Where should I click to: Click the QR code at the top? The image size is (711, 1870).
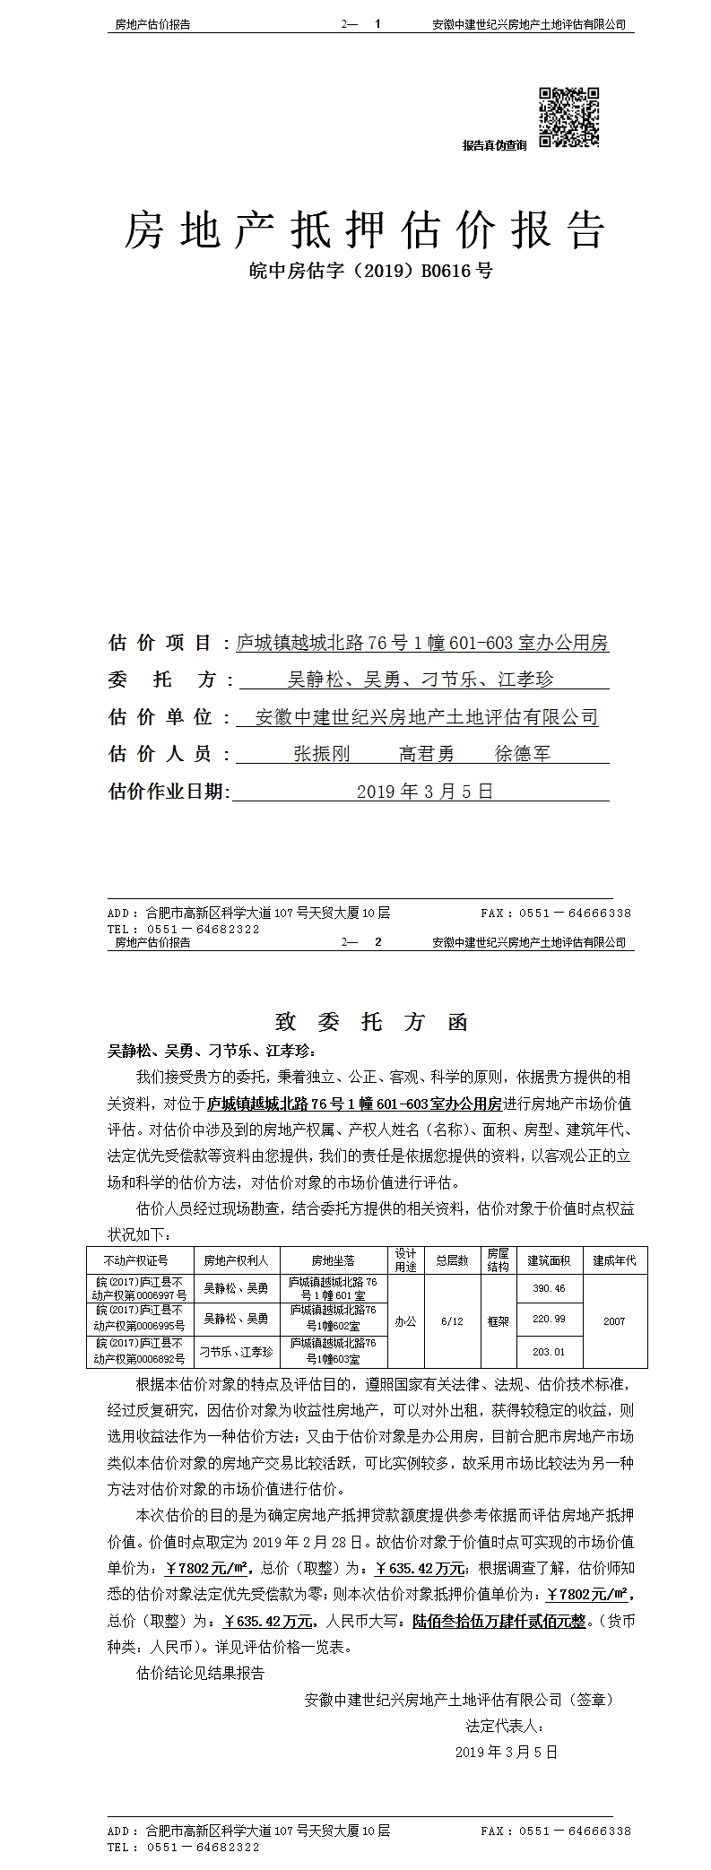pos(568,117)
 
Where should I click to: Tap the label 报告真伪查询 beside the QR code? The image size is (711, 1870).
pos(494,145)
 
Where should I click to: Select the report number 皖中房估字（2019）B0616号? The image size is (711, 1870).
pos(369,271)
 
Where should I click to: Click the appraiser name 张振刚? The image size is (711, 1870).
pos(322,754)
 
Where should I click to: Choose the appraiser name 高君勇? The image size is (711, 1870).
pos(427,754)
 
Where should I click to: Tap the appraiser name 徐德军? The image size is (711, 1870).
pos(523,754)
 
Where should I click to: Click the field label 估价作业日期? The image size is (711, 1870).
pos(169,792)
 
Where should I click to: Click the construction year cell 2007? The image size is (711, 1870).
pos(614,1321)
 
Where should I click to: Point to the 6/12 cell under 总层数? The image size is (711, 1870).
pos(452,1321)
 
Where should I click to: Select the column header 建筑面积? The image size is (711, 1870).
pos(549,1260)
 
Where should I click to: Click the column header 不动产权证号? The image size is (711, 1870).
pos(135,1260)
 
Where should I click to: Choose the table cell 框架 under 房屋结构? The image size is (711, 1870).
pos(498,1321)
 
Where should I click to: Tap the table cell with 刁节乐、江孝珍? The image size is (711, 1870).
pos(236,1352)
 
